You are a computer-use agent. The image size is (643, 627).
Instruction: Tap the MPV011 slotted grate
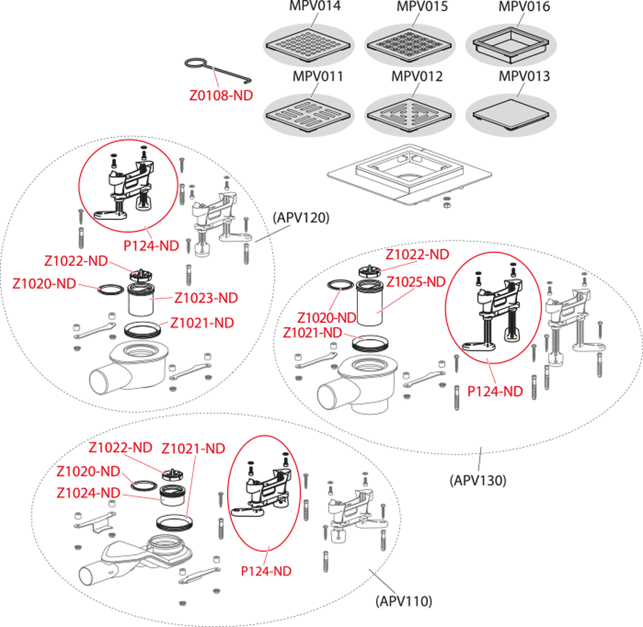point(309,115)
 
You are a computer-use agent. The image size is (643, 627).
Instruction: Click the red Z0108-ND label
point(221,95)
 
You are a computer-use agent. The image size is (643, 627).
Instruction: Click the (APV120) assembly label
point(301,218)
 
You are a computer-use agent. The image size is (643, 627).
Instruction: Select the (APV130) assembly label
point(477,480)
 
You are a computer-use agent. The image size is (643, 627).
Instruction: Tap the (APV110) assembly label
point(403,601)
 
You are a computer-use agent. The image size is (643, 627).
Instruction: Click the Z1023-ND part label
point(206,298)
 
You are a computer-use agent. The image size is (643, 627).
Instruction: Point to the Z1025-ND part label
point(416,281)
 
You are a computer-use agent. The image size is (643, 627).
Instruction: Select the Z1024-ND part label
point(88,493)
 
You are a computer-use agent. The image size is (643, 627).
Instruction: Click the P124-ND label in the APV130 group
point(495,391)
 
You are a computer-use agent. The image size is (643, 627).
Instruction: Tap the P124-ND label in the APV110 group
point(266,571)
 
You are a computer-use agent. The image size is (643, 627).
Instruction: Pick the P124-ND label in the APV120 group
point(152,246)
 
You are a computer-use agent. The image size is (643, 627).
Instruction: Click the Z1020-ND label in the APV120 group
point(44,284)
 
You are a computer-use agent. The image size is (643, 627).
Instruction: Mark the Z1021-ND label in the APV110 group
point(193,449)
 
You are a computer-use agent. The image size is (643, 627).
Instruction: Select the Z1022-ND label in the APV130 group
point(417,254)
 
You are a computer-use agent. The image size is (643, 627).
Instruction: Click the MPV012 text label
point(417,77)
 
